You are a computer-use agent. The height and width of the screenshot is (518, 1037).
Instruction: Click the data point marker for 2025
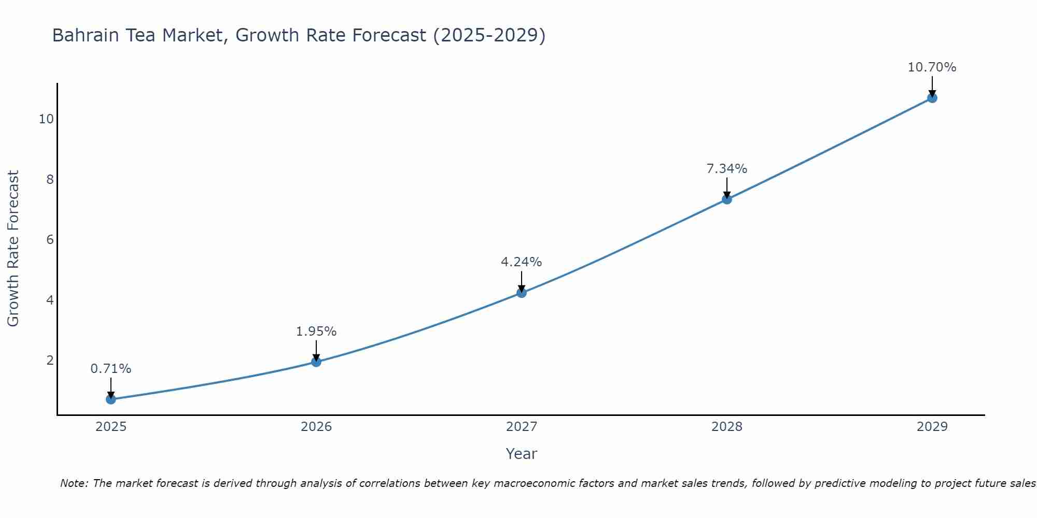click(x=111, y=399)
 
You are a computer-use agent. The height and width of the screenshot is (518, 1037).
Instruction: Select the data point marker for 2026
click(x=316, y=362)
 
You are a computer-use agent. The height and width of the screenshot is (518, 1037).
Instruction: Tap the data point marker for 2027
click(x=522, y=293)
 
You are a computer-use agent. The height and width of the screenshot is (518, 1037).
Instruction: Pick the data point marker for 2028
click(x=727, y=199)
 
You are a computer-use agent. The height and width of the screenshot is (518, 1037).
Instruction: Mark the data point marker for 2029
click(x=932, y=98)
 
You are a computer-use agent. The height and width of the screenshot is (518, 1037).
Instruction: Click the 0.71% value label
click(x=111, y=369)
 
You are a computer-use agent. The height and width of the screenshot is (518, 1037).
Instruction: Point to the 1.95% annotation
click(x=316, y=332)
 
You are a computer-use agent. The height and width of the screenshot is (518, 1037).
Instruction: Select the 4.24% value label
click(x=522, y=262)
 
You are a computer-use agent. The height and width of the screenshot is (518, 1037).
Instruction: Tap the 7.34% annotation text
click(x=727, y=169)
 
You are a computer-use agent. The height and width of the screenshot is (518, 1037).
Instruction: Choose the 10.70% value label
click(x=932, y=67)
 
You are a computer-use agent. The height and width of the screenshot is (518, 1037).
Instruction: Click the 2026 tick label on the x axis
click(x=316, y=427)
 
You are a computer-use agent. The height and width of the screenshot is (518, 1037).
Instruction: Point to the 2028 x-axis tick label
click(x=727, y=427)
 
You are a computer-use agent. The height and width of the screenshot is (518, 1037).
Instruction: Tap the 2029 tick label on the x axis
click(x=932, y=427)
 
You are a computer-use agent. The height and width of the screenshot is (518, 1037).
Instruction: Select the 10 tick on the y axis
click(x=46, y=119)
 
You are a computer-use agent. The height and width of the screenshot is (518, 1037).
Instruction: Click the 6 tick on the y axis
click(x=50, y=240)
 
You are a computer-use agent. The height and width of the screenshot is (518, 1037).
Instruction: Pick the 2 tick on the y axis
click(x=50, y=361)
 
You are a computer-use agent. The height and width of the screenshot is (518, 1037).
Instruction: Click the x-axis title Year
click(x=522, y=454)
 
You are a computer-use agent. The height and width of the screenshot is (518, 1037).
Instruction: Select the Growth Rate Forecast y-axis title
click(x=13, y=249)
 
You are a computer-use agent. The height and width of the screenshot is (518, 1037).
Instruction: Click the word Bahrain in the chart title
click(x=85, y=35)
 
